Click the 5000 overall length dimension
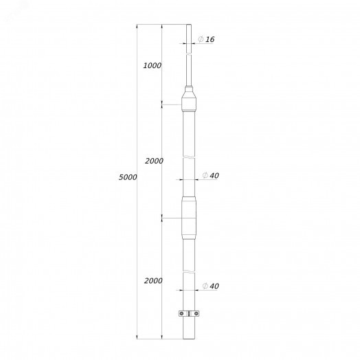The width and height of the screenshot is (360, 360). [x=128, y=177]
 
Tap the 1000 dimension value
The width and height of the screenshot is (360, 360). [x=153, y=66]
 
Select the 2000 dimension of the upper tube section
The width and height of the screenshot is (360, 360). [x=154, y=161]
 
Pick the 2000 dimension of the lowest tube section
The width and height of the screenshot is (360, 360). [x=153, y=280]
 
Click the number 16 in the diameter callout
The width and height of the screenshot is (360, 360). [x=210, y=39]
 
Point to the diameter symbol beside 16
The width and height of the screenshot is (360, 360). [x=201, y=39]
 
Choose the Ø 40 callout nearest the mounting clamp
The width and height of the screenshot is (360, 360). [x=210, y=286]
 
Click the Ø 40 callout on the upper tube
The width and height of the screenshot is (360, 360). [x=210, y=175]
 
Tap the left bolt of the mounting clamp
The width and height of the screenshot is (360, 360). [x=181, y=313]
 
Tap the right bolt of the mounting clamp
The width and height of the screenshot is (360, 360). [x=196, y=313]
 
